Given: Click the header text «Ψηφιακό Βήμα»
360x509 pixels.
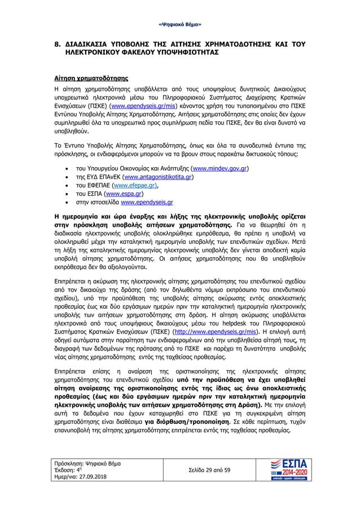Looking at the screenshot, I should (180, 25).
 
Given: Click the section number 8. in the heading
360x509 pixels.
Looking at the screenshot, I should (57, 43).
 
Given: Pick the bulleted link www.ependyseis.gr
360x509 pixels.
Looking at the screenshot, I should (147, 201).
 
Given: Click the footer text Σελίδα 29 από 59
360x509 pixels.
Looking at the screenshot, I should (209, 469).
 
